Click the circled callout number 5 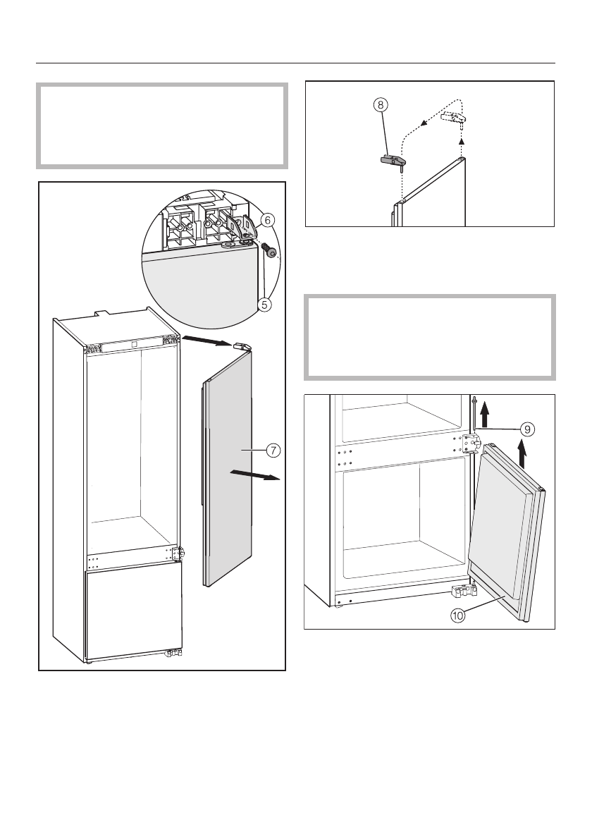pos(264,305)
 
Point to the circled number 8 pos(381,105)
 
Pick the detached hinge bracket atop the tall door pos(242,347)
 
